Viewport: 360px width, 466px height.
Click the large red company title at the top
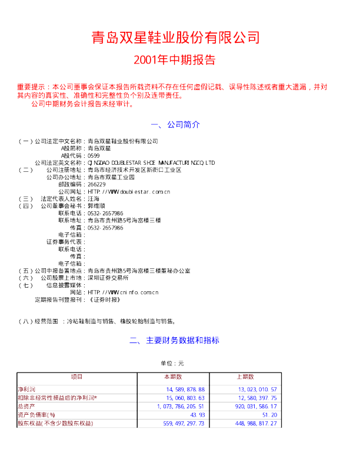click(x=175, y=38)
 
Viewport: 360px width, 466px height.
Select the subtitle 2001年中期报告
click(x=174, y=59)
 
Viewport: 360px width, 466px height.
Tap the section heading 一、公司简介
click(x=175, y=125)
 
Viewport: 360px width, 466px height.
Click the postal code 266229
click(x=96, y=184)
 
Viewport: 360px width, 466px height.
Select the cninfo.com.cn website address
click(x=122, y=292)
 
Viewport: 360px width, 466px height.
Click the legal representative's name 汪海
click(x=93, y=199)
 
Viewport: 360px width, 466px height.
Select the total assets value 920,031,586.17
click(x=256, y=406)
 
